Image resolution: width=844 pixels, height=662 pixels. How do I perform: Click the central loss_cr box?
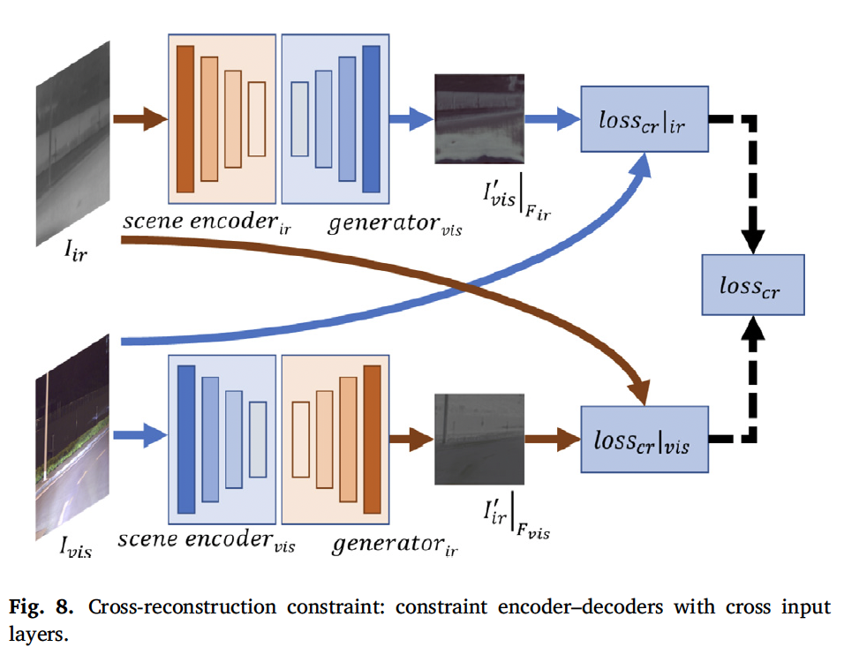tap(752, 284)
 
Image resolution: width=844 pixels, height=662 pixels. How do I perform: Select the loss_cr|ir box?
tap(644, 118)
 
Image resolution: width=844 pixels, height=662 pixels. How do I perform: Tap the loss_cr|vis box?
tap(644, 438)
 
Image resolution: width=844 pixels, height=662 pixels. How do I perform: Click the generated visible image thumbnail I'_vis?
tap(477, 118)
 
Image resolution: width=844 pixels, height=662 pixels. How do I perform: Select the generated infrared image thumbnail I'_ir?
tap(477, 439)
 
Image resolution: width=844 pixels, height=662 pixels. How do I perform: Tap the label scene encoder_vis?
tap(207, 541)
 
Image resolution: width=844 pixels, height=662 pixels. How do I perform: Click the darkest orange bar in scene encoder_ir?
tap(185, 118)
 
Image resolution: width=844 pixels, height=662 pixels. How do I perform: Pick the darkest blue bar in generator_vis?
tap(371, 118)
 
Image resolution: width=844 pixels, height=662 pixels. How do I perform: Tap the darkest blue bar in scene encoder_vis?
tap(185, 438)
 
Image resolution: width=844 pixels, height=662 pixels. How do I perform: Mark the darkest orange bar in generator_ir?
tap(372, 438)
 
